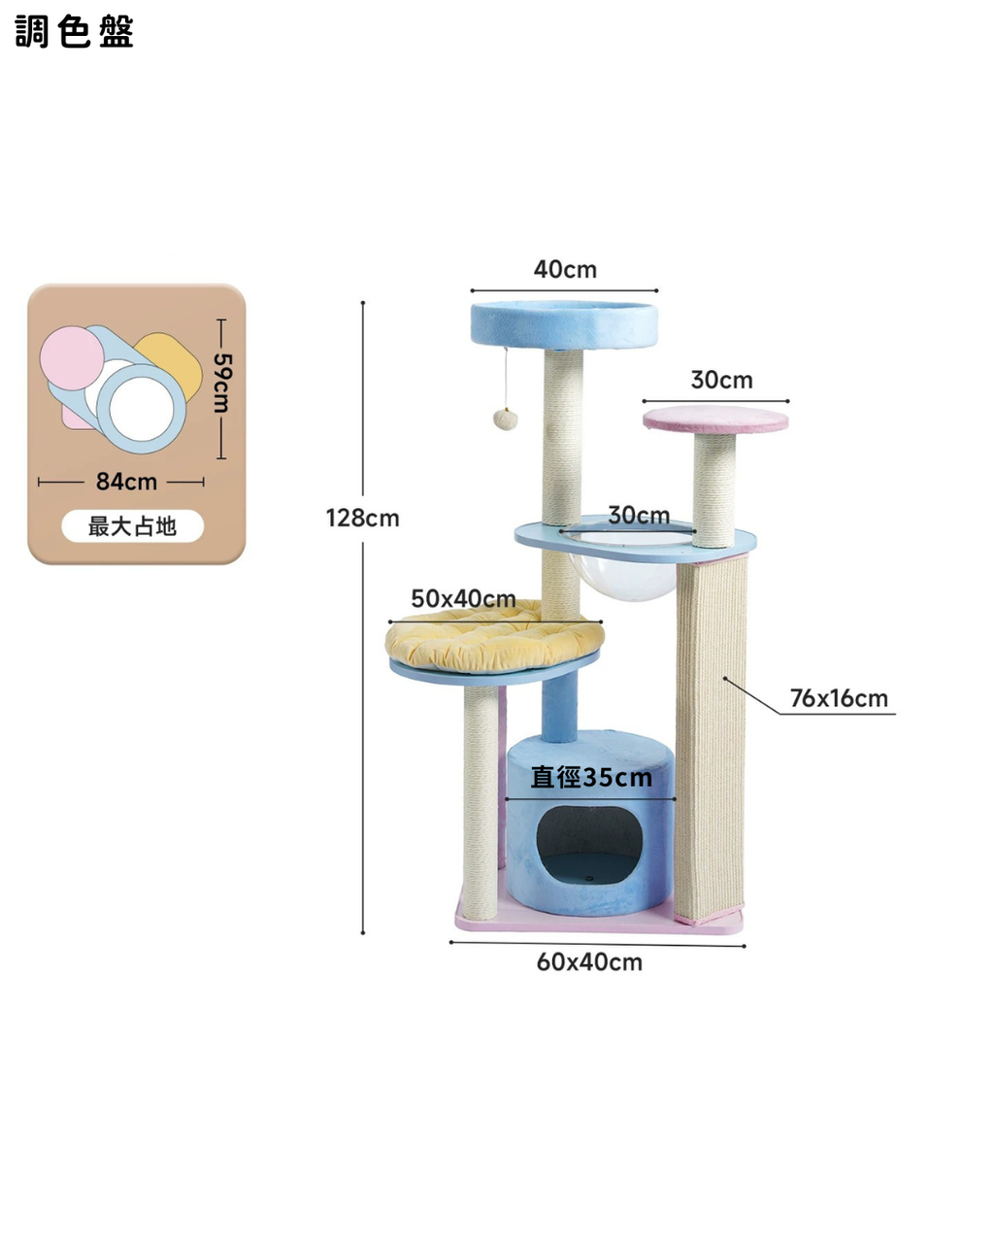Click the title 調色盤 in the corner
(74, 32)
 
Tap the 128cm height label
(362, 519)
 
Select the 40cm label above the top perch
(565, 269)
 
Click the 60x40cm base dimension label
(589, 962)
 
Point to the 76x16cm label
(839, 698)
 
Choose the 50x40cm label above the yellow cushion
(463, 598)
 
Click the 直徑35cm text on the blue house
(591, 778)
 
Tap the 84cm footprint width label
(126, 481)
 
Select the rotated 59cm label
(221, 383)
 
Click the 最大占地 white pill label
(132, 526)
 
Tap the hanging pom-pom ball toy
(505, 419)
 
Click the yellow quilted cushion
(494, 636)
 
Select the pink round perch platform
(715, 419)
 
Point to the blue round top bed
(564, 325)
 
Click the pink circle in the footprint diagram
(72, 358)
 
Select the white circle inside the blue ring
(142, 411)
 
